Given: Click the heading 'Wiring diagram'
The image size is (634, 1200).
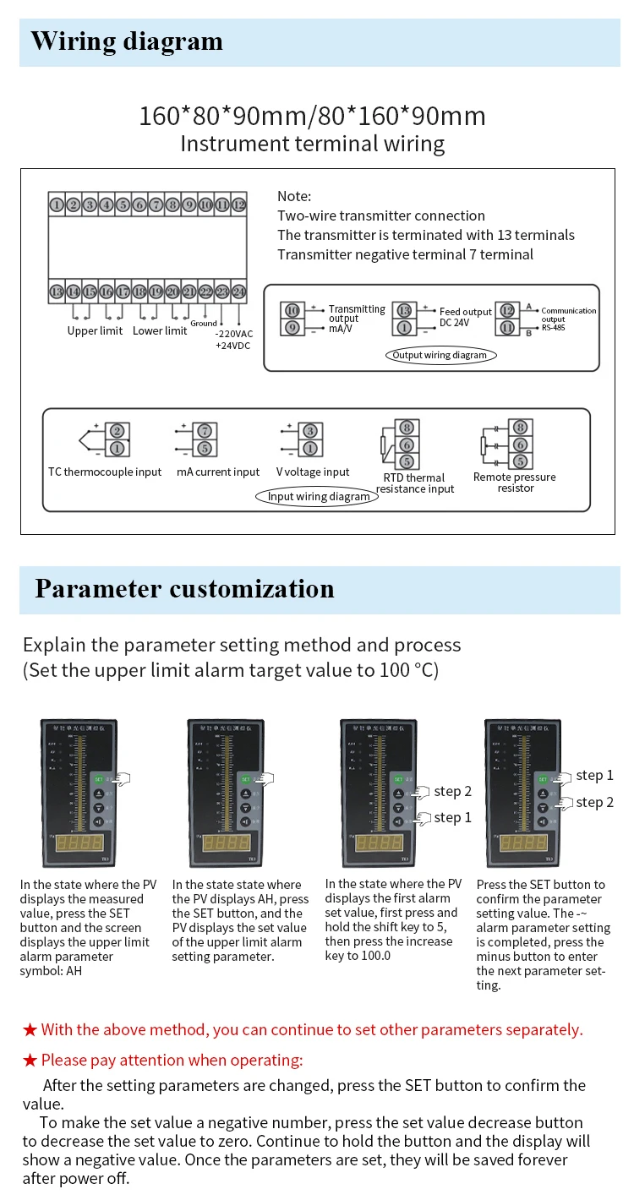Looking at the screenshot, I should coord(127,41).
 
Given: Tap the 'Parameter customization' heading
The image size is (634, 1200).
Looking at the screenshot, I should coord(184,588).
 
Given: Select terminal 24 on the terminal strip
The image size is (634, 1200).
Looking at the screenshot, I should coord(238,292).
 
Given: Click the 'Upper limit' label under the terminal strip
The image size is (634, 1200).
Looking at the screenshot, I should coord(95,330).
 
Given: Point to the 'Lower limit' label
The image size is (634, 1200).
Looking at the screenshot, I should coord(160,330).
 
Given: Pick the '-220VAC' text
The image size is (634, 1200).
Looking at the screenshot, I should coord(234,334).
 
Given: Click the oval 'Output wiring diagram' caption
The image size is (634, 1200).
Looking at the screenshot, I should coord(440,355).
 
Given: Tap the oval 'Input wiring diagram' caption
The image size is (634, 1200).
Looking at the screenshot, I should coord(319,496).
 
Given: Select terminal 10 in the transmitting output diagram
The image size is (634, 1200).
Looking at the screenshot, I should coord(292,311).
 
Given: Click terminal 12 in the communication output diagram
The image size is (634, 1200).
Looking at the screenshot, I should coord(507,311).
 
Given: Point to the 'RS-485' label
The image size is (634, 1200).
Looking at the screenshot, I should coord(553,326).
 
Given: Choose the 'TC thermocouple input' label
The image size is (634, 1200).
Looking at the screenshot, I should coord(105,472).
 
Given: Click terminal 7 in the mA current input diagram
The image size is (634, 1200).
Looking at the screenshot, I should coord(204,431).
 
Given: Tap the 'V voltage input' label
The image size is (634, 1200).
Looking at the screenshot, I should coord(313,472).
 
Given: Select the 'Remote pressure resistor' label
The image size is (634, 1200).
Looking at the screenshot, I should coord(515,483).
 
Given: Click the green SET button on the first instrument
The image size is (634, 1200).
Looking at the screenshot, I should coord(99,778).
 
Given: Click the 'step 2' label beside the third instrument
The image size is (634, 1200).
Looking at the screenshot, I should coord(453,791).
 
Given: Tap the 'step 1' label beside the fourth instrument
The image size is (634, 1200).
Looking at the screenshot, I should coord(594,775).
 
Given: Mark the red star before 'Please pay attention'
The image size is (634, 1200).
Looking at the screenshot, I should coord(30,1061).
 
